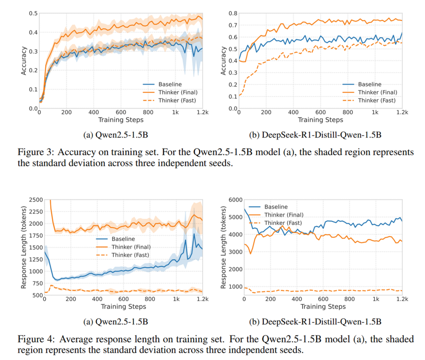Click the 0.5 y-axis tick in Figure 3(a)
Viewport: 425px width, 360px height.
[x=33, y=14]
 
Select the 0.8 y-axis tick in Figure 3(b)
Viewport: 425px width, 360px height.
[x=233, y=14]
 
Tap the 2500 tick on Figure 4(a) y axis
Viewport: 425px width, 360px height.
[x=36, y=200]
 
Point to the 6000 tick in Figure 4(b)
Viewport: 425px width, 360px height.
[x=236, y=200]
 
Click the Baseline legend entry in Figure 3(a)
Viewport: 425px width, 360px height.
[x=170, y=84]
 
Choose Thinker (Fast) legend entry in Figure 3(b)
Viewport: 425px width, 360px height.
[x=377, y=100]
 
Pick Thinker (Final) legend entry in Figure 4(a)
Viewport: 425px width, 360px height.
[x=131, y=247]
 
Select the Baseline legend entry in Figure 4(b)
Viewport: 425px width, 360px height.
[x=276, y=207]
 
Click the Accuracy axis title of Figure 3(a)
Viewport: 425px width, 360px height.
[x=24, y=61]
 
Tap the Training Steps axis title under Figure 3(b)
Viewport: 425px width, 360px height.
[x=320, y=120]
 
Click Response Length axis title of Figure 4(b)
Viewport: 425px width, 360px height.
[x=224, y=247]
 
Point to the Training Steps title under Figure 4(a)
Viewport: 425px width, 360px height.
[x=123, y=307]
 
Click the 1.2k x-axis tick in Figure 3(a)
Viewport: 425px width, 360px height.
[x=202, y=113]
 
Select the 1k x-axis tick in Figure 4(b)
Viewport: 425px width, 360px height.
[x=376, y=299]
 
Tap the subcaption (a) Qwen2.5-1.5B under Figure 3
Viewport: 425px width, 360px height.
[x=115, y=135]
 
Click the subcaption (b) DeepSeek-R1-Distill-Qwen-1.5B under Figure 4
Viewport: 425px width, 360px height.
[x=315, y=322]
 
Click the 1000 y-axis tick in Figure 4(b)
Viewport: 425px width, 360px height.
[x=236, y=287]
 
